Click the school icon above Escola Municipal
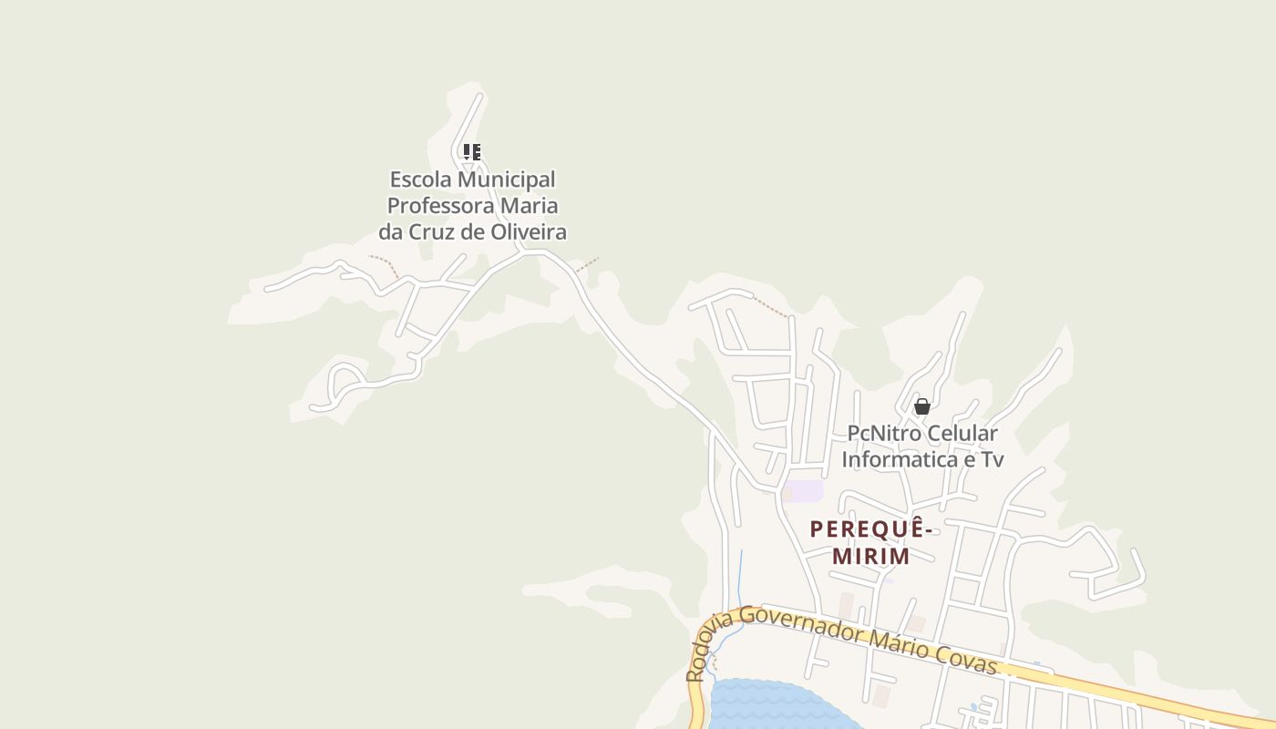[x=471, y=152]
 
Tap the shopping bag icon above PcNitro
[x=921, y=406]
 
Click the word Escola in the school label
[x=420, y=180]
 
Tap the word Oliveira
[x=529, y=231]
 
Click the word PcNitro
[x=884, y=433]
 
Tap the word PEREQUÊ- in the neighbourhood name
[x=871, y=529]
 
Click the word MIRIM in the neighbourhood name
[x=870, y=556]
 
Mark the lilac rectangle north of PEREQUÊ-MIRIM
[x=807, y=490]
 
